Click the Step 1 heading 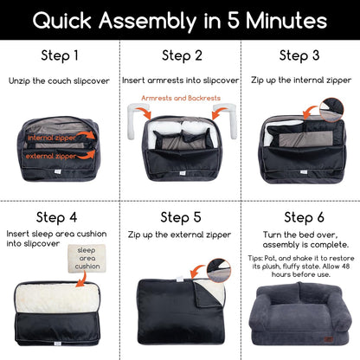point(60,55)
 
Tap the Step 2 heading point(182,55)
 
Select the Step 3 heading point(299,55)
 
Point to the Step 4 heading point(56,217)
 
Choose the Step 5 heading point(181,217)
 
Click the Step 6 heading point(304,217)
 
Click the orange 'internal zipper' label point(52,138)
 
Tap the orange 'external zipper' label point(51,156)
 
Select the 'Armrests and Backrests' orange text point(181,98)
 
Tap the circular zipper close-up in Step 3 point(331,110)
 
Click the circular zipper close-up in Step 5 point(219,271)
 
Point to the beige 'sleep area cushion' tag point(87,259)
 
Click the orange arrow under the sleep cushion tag point(81,280)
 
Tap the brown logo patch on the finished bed point(328,339)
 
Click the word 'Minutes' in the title point(286,21)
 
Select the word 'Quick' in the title point(62,21)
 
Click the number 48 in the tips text point(345,266)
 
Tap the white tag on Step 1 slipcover point(58,171)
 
